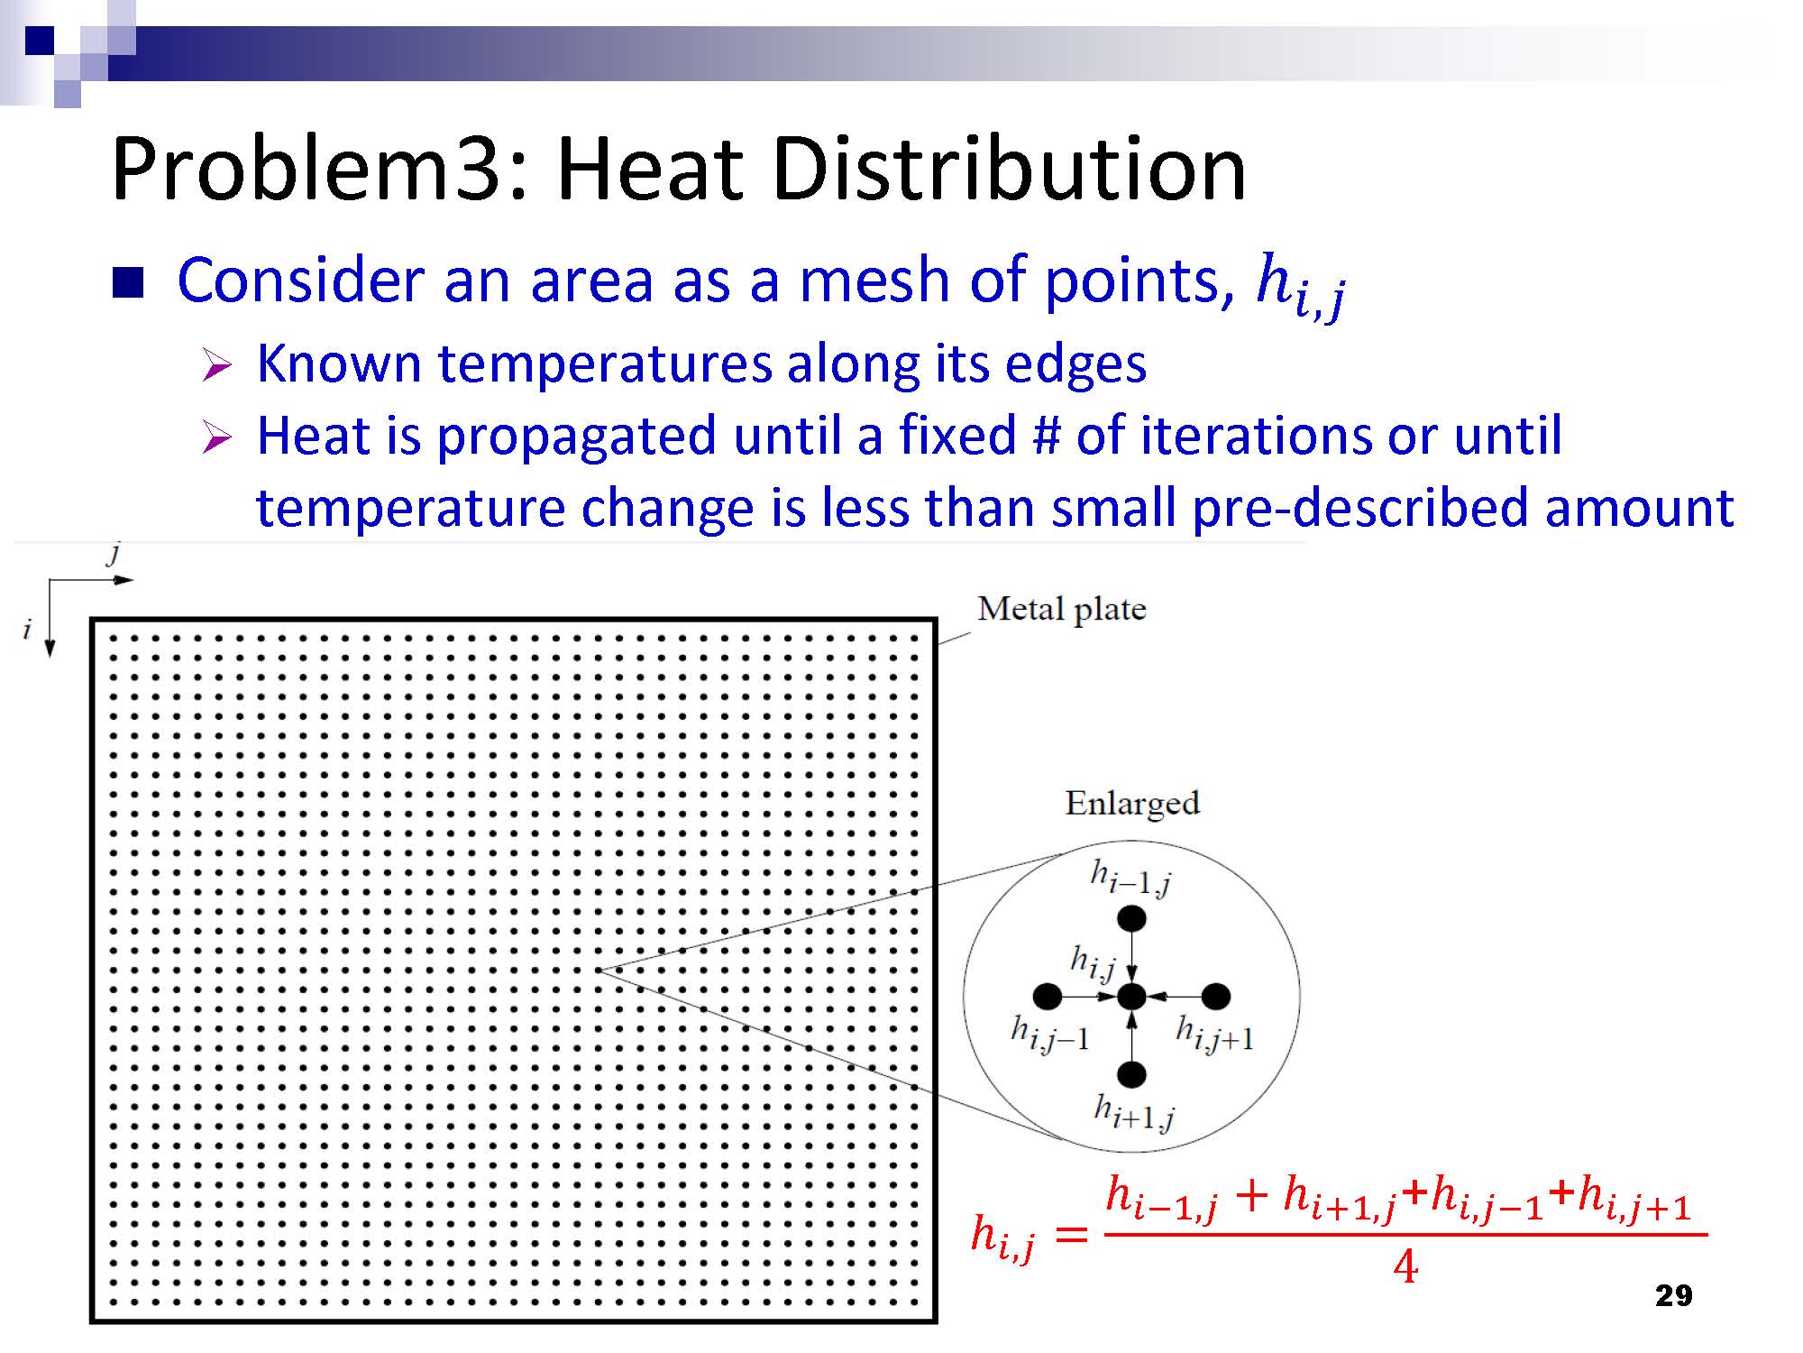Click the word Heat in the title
tap(650, 170)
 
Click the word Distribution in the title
tap(1009, 170)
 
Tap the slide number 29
tap(1674, 1296)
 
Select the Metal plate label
tap(1062, 609)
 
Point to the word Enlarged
tap(1132, 803)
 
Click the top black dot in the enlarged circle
tap(1131, 918)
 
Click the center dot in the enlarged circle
tap(1131, 997)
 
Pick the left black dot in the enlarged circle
tap(1048, 997)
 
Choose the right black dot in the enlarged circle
tap(1216, 997)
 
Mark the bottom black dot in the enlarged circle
tap(1131, 1074)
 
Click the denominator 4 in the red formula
tap(1405, 1267)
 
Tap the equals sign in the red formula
tap(1071, 1233)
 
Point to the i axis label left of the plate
tap(27, 629)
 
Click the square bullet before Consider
tap(128, 282)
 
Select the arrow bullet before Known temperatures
tap(217, 366)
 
